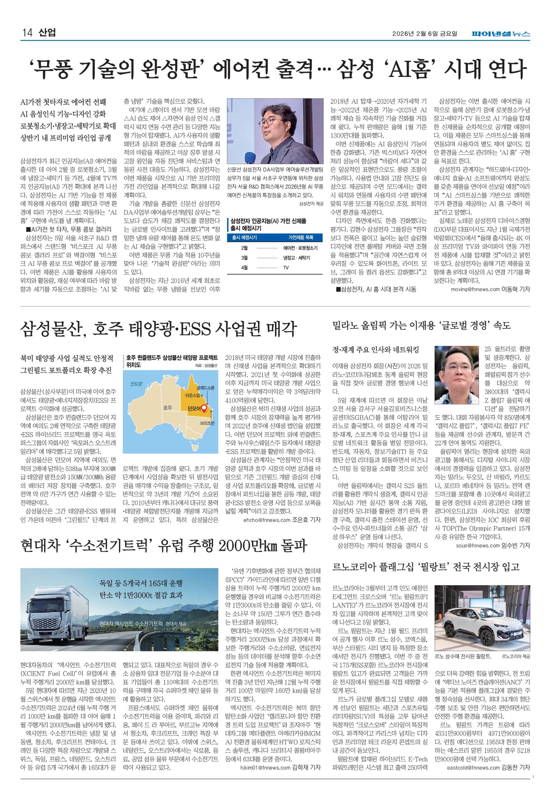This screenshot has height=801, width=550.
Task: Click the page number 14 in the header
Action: pyautogui.click(x=27, y=33)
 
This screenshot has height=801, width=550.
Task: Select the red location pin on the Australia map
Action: pyautogui.click(x=204, y=409)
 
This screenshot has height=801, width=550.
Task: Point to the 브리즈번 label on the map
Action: pyautogui.click(x=207, y=422)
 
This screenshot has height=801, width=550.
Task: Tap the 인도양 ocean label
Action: pyautogui.click(x=136, y=384)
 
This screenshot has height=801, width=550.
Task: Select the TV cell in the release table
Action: pyautogui.click(x=286, y=268)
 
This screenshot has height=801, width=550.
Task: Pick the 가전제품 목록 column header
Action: pyautogui.click(x=301, y=237)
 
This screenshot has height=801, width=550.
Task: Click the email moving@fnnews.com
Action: pyautogui.click(x=475, y=290)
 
